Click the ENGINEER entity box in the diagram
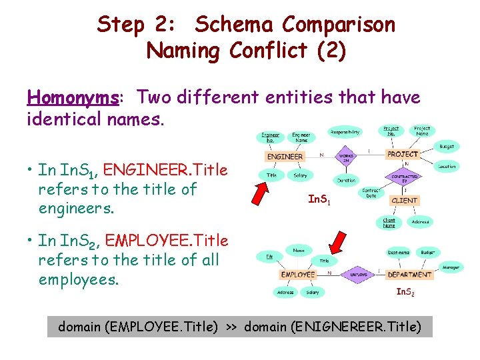285,157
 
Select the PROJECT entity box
403,154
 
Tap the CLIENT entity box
405,200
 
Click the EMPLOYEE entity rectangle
298,274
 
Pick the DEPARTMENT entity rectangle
409,274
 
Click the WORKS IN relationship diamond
346,158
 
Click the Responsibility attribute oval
345,132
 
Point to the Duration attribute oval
346,180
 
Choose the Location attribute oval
447,166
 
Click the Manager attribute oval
451,267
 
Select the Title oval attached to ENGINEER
272,175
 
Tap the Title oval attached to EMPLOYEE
324,261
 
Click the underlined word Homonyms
73,98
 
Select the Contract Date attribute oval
370,193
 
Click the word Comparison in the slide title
338,25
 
